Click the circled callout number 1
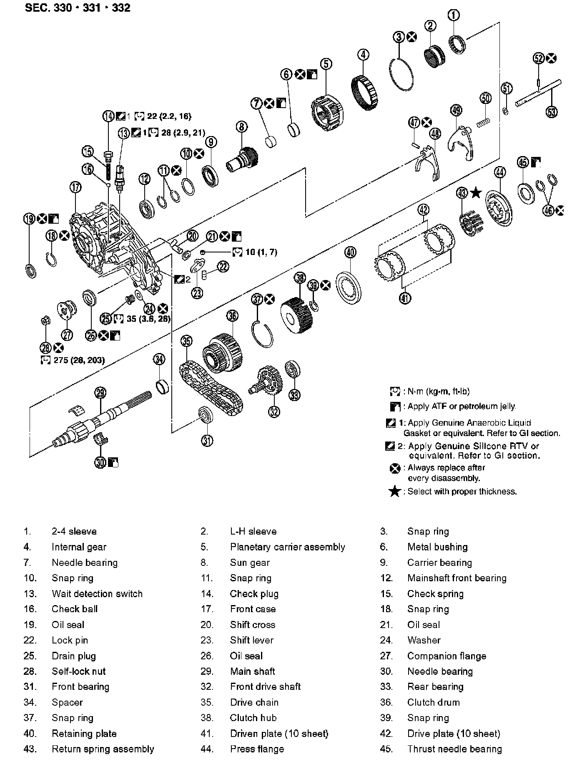point(454,15)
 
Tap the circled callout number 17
point(75,187)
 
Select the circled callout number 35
point(186,341)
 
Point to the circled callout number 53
point(551,111)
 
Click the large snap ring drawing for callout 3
point(402,74)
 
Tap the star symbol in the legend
point(394,492)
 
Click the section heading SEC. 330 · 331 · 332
point(78,8)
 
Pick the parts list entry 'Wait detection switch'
point(97,593)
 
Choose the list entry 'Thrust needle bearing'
point(454,749)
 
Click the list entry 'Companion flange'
point(447,656)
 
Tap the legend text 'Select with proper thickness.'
point(462,492)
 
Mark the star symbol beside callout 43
point(476,193)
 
